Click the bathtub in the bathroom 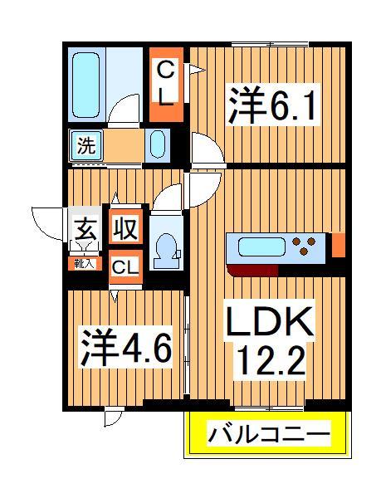[x=85, y=84]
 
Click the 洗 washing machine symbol [x=85, y=145]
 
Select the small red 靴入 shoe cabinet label [x=83, y=264]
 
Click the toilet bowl [x=166, y=247]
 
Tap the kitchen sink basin [x=261, y=246]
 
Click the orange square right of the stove [x=338, y=244]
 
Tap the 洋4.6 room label [x=125, y=348]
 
